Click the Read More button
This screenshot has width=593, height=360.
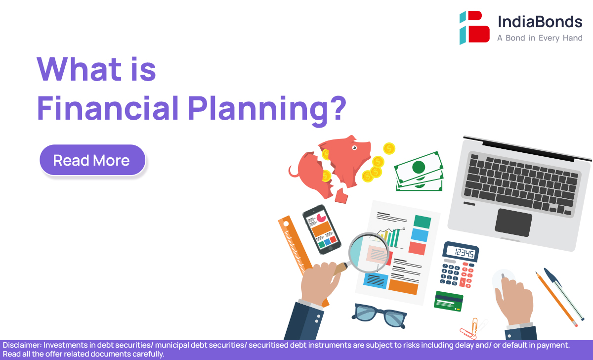coord(92,160)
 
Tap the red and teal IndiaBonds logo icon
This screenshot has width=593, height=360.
coord(474,28)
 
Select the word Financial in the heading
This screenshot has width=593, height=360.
coord(108,108)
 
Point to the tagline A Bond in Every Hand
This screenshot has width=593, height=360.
coord(540,38)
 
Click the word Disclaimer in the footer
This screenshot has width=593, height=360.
coord(22,345)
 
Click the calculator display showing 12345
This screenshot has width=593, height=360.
coord(461,252)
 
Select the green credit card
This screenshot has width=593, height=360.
coord(449,301)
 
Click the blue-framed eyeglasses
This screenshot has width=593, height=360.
coord(379,316)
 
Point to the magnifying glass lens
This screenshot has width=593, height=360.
coord(369,253)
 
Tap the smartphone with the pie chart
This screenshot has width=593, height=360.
coord(322,229)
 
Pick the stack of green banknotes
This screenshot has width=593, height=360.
coord(419,172)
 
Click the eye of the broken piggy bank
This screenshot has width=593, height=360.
coord(354,147)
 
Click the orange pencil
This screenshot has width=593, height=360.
coord(556,299)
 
